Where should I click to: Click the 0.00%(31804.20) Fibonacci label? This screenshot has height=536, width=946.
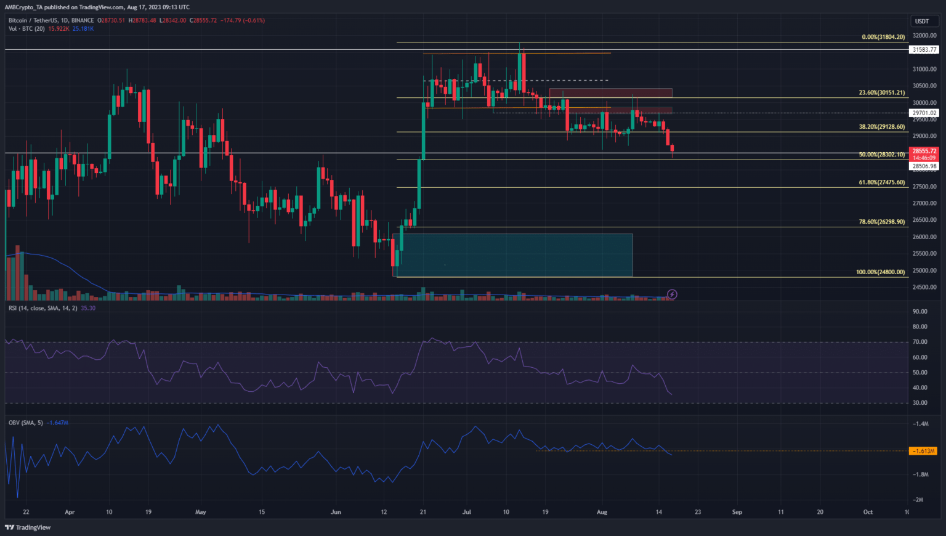click(883, 37)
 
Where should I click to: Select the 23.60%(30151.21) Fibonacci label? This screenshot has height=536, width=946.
click(881, 93)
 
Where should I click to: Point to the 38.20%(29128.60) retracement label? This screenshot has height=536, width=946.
click(881, 127)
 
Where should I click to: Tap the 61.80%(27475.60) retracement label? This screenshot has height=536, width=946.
click(881, 182)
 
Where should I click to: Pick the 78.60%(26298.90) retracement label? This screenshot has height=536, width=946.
click(881, 222)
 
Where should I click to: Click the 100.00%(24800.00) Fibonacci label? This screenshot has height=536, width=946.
click(880, 272)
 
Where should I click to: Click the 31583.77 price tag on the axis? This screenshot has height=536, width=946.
click(924, 50)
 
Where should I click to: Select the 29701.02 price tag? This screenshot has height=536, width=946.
click(924, 113)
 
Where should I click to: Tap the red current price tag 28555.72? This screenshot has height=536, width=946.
click(924, 151)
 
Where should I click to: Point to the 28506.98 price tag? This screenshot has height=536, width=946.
click(924, 166)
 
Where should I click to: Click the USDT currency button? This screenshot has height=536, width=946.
click(921, 21)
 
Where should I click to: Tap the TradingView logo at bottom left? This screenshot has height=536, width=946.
click(28, 527)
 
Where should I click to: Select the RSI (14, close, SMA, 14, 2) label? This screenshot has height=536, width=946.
click(42, 308)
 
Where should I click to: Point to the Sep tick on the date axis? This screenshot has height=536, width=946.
click(737, 512)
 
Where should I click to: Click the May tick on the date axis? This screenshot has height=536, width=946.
click(200, 512)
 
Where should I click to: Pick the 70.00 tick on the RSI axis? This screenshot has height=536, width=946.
click(920, 342)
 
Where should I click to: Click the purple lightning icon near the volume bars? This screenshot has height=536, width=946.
click(672, 294)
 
